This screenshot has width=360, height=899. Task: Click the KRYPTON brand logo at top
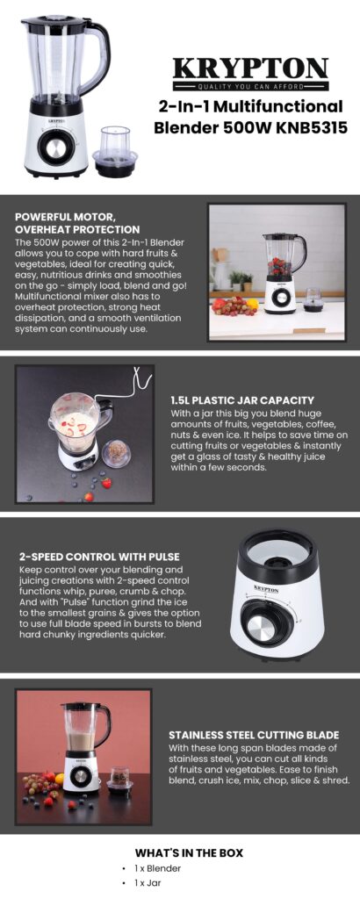click(x=250, y=68)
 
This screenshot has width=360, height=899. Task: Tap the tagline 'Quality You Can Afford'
click(x=250, y=87)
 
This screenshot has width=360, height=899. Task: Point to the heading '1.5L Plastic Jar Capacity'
click(x=241, y=400)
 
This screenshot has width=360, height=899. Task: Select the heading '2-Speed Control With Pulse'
click(x=98, y=557)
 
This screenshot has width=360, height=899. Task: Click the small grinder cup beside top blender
click(x=115, y=148)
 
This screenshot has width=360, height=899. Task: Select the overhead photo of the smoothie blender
click(x=85, y=433)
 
